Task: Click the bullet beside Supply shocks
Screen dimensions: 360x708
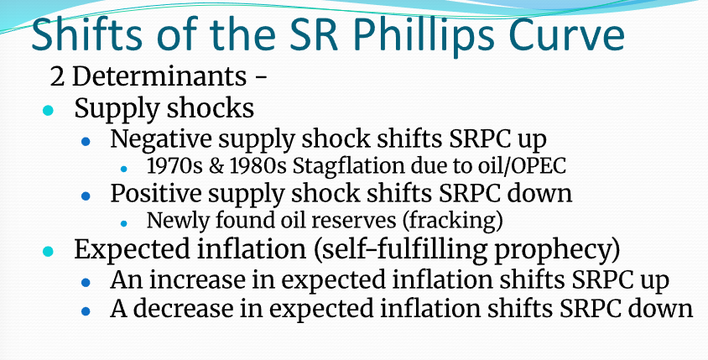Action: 48,110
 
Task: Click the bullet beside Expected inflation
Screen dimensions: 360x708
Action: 48,250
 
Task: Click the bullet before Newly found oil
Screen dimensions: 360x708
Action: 123,222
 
